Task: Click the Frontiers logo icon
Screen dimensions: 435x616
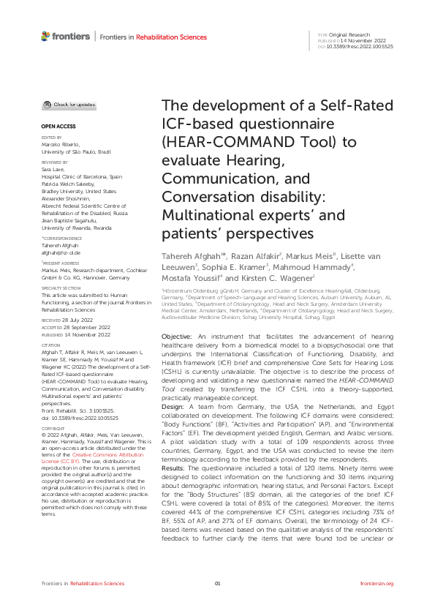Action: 45,36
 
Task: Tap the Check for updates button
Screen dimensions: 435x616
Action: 69,105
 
